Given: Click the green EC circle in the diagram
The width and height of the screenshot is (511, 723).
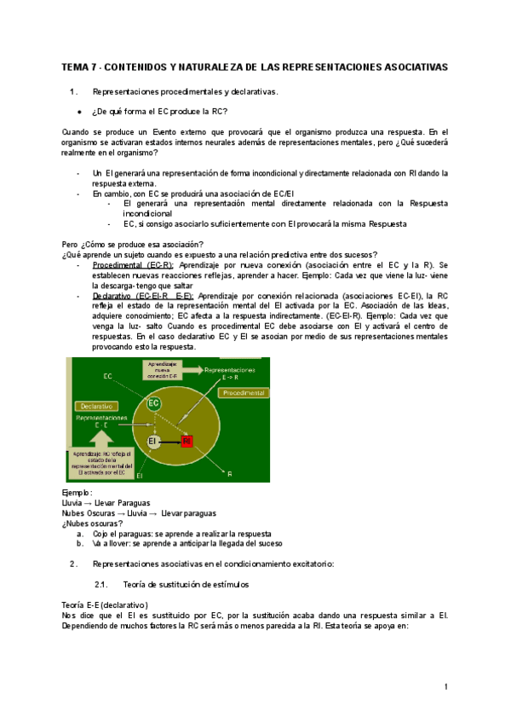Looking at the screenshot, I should point(153,403).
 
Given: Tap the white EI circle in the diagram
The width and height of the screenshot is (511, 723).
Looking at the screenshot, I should point(153,441).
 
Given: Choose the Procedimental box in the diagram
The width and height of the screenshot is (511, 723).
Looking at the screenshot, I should point(244,393).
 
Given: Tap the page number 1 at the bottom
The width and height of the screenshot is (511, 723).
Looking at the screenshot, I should point(445,687).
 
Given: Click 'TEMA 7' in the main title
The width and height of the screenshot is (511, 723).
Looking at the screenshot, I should point(81,67).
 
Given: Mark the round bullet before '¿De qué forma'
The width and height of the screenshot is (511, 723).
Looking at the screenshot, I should point(78,113).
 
